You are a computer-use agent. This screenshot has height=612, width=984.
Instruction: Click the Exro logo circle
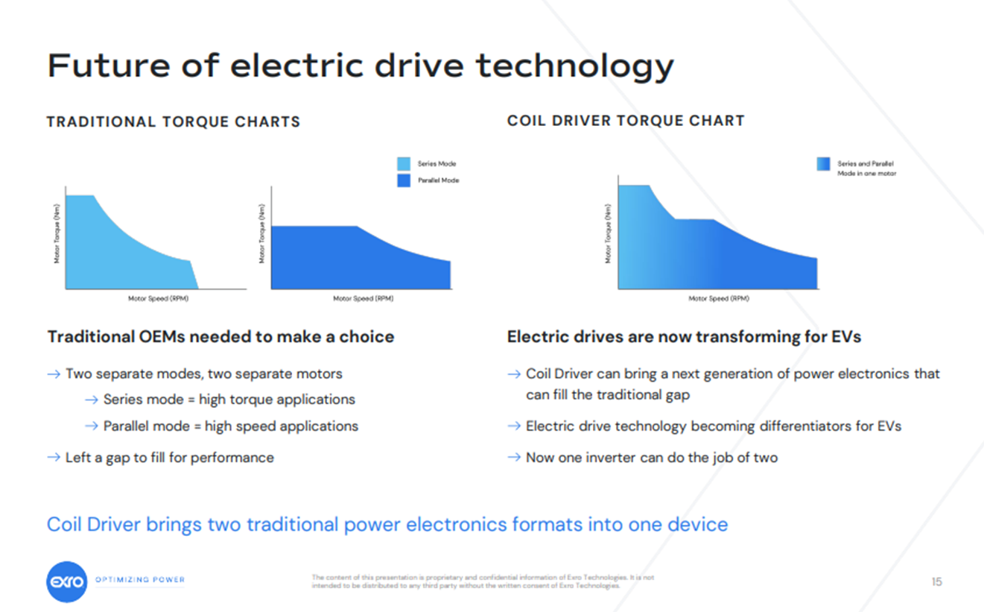click(67, 581)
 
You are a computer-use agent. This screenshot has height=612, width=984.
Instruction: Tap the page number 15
click(936, 581)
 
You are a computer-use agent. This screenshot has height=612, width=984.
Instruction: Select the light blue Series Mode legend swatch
click(404, 163)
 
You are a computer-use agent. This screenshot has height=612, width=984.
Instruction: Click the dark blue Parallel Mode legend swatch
click(404, 180)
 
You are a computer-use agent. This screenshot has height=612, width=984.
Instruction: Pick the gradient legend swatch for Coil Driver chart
click(823, 164)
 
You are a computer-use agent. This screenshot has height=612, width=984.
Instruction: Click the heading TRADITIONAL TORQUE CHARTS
click(174, 122)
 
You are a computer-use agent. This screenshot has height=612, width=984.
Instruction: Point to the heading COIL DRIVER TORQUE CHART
click(626, 120)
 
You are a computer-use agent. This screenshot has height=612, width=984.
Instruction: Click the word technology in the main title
click(574, 66)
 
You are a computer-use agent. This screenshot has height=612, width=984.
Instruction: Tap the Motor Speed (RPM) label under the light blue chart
click(158, 299)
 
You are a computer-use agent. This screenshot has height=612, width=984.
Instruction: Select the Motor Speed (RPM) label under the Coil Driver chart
click(719, 299)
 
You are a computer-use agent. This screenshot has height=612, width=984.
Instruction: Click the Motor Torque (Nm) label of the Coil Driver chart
click(609, 234)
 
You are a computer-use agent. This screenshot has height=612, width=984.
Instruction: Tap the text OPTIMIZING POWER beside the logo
click(140, 580)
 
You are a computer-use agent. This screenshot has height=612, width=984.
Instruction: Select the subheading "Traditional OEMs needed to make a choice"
click(220, 337)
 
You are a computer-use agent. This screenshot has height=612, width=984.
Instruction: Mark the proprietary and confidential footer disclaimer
click(483, 581)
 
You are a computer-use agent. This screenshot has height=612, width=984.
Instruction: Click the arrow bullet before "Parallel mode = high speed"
click(91, 426)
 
